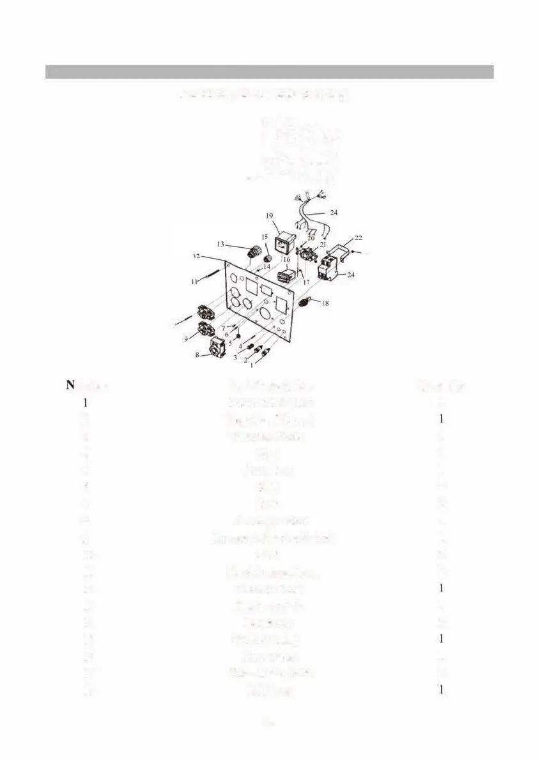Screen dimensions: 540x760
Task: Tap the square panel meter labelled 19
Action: pos(282,243)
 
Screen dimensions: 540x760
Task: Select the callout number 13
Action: pos(220,244)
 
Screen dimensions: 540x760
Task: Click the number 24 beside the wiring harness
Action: pos(334,212)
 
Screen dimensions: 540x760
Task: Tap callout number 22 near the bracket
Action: pos(359,238)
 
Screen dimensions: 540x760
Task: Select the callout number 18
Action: pos(325,304)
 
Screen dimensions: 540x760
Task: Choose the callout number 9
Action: pos(187,339)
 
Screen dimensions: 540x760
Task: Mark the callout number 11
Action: pos(193,281)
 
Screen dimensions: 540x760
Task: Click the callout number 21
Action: pos(323,245)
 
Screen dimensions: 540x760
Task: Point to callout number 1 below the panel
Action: pos(251,366)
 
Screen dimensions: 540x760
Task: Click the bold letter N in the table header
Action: pos(70,384)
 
